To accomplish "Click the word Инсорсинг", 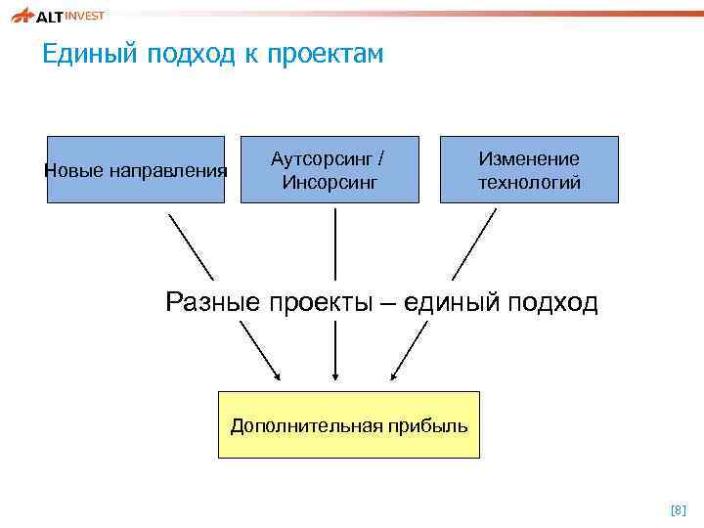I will [x=329, y=181].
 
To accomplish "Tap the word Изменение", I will [x=529, y=158].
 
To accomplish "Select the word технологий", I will [x=529, y=182].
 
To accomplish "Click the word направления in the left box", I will [x=168, y=171].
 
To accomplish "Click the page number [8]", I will [x=678, y=509].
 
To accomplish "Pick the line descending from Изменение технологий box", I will [x=474, y=244].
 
